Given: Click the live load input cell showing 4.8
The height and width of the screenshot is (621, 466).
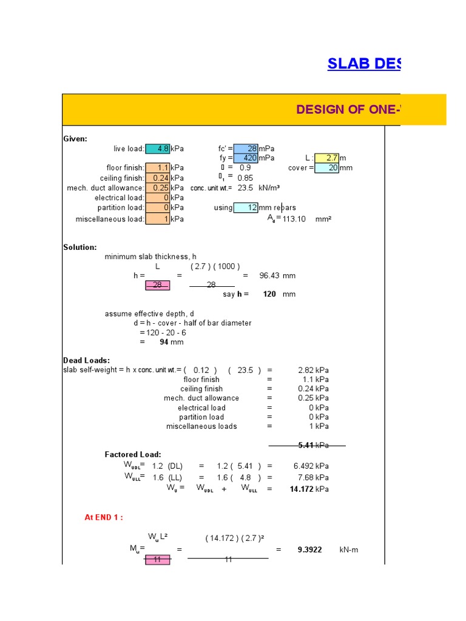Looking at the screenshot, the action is (158, 149).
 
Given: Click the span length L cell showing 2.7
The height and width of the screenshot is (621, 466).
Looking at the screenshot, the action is (326, 158).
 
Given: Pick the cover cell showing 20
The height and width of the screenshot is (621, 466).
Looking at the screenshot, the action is (326, 168).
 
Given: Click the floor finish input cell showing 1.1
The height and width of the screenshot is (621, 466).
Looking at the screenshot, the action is (158, 168).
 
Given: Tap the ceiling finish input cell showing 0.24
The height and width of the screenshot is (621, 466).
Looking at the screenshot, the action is (158, 178).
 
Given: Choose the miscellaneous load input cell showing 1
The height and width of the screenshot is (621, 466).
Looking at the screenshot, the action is (158, 219).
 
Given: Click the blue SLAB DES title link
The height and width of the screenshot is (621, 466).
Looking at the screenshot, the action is (363, 64).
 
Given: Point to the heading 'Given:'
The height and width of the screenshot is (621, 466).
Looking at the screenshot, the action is (75, 139).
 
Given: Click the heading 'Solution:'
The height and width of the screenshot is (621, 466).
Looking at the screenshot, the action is (80, 247).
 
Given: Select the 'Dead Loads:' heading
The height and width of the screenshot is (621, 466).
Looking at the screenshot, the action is (87, 360).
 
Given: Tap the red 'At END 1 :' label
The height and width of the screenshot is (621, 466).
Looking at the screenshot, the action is (104, 517).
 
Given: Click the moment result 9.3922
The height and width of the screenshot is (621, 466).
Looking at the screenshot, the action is (309, 549).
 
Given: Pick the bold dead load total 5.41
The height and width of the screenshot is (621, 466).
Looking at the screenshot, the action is (306, 445).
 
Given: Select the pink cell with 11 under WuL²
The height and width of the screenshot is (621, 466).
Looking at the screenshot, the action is (157, 560).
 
